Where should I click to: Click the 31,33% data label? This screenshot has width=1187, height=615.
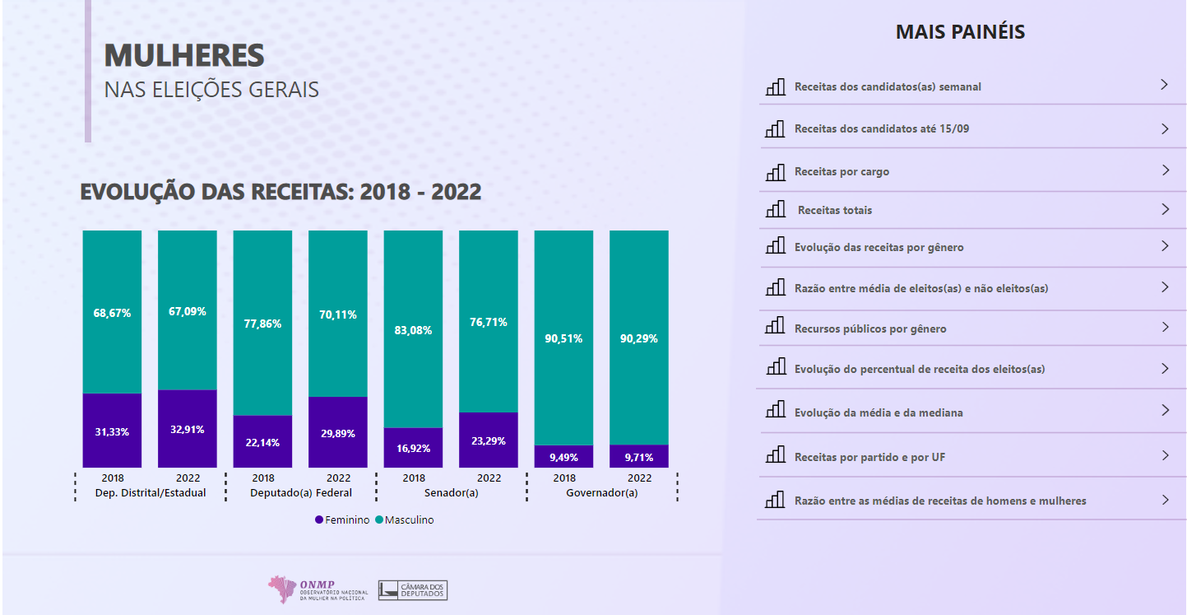click(x=112, y=432)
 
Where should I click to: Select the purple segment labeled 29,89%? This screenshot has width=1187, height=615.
click(x=338, y=434)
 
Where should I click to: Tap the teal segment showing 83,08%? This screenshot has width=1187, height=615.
click(x=413, y=330)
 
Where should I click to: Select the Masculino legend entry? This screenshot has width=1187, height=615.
click(x=404, y=520)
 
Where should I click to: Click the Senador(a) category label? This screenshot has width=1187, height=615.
click(x=451, y=493)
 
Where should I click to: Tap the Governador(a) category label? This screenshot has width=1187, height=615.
click(x=601, y=493)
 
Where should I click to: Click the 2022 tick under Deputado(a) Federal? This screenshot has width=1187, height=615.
click(x=338, y=478)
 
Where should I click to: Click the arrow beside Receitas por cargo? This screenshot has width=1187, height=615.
click(x=1165, y=170)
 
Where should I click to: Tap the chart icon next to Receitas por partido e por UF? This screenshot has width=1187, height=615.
click(x=775, y=455)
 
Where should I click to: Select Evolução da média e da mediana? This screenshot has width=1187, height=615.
click(x=878, y=412)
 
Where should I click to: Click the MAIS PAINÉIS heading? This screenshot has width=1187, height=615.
click(x=960, y=32)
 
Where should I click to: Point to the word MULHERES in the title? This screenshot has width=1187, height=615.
click(x=184, y=55)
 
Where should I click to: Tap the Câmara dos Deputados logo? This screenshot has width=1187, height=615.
click(x=413, y=589)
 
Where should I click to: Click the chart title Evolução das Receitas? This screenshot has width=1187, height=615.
click(x=281, y=192)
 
